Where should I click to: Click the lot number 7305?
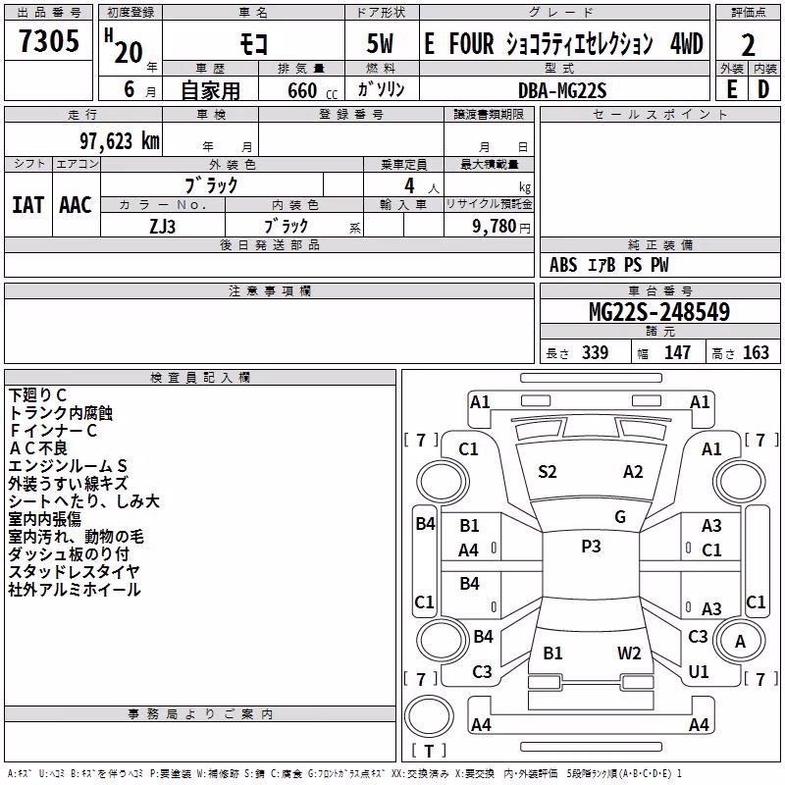pyautogui.click(x=48, y=40)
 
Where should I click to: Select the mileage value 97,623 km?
pyautogui.click(x=119, y=141)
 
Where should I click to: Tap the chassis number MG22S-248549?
pyautogui.click(x=659, y=312)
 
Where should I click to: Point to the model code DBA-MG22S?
pyautogui.click(x=562, y=90)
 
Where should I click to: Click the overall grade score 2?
pyautogui.click(x=748, y=45)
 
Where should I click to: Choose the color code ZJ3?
pyautogui.click(x=162, y=227)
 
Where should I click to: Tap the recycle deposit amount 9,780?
pyautogui.click(x=494, y=227)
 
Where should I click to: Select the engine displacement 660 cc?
pyautogui.click(x=312, y=90)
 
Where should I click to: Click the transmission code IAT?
pyautogui.click(x=28, y=205)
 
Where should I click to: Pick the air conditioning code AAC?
pyautogui.click(x=76, y=205)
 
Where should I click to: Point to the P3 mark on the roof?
pyautogui.click(x=591, y=547)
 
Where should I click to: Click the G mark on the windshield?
pyautogui.click(x=620, y=517)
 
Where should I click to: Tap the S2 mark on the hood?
pyautogui.click(x=548, y=472)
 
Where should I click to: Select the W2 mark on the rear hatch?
pyautogui.click(x=629, y=654)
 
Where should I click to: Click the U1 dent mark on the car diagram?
pyautogui.click(x=699, y=672)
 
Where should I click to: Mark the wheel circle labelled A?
pyautogui.click(x=740, y=641)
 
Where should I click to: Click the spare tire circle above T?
pyautogui.click(x=429, y=716)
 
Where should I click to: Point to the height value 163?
pyautogui.click(x=756, y=352)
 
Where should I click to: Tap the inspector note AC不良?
pyautogui.click(x=38, y=448)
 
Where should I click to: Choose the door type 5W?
pyautogui.click(x=381, y=43)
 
